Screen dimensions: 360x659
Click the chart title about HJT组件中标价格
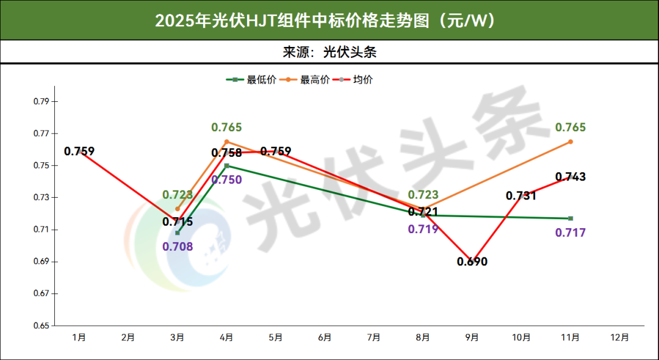pyautogui.click(x=329, y=20)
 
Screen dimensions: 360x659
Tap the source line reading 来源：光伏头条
pyautogui.click(x=329, y=52)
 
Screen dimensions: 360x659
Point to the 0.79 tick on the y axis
pyautogui.click(x=41, y=101)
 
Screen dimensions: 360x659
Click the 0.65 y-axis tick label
pyautogui.click(x=41, y=325)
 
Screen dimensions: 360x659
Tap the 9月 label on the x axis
pyautogui.click(x=472, y=337)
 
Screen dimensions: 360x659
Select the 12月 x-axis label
pyautogui.click(x=619, y=337)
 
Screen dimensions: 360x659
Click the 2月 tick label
pyautogui.click(x=128, y=337)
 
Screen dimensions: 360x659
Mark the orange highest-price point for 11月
pyautogui.click(x=571, y=142)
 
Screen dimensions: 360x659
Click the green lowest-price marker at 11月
pyautogui.click(x=571, y=218)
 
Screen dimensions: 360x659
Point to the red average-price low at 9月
pyautogui.click(x=472, y=261)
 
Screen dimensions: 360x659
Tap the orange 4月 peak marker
pyautogui.click(x=226, y=142)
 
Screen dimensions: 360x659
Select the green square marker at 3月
pyautogui.click(x=178, y=232)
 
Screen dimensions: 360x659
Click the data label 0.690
pyautogui.click(x=472, y=262)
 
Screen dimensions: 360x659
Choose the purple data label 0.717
pyautogui.click(x=571, y=232)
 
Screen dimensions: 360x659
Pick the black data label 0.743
pyautogui.click(x=571, y=177)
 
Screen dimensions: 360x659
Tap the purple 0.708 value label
pyautogui.click(x=178, y=247)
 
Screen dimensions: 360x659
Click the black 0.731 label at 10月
pyautogui.click(x=521, y=196)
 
